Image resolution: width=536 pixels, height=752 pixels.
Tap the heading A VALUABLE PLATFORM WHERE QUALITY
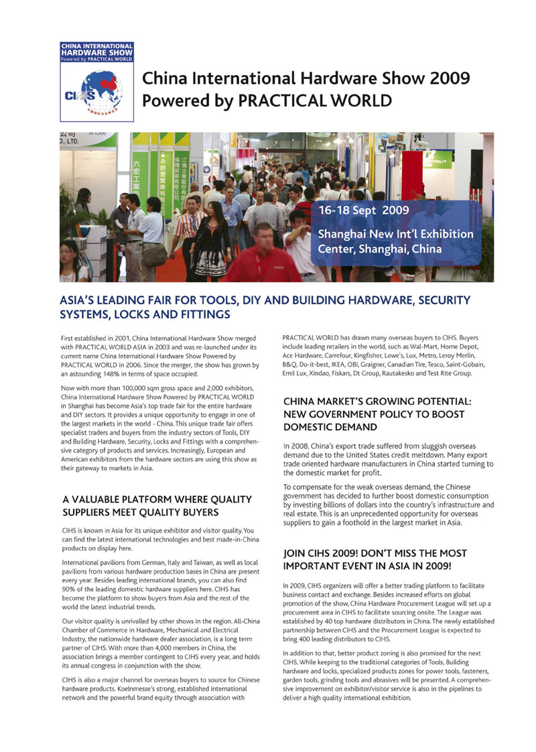click(x=157, y=499)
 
